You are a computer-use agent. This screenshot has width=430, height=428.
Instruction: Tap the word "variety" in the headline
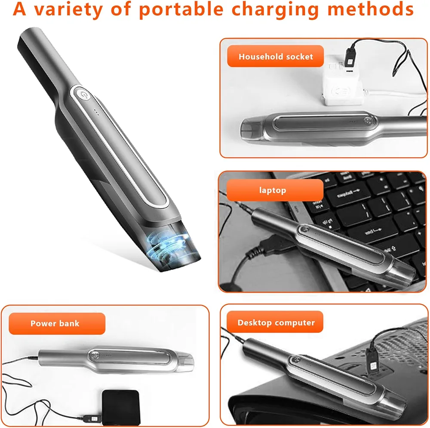click(x=68, y=10)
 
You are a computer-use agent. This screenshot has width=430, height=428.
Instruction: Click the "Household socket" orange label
click(x=275, y=56)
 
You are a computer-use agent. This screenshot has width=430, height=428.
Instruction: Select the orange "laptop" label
click(x=275, y=190)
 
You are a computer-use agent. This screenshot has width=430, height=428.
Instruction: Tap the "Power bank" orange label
click(x=57, y=324)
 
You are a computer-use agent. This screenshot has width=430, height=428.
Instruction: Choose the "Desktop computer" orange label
click(x=275, y=322)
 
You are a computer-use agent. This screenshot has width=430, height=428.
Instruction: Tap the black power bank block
click(x=121, y=407)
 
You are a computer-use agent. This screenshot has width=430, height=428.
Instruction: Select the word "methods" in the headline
click(x=371, y=9)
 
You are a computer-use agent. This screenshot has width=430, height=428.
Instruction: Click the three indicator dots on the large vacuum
click(x=96, y=112)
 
